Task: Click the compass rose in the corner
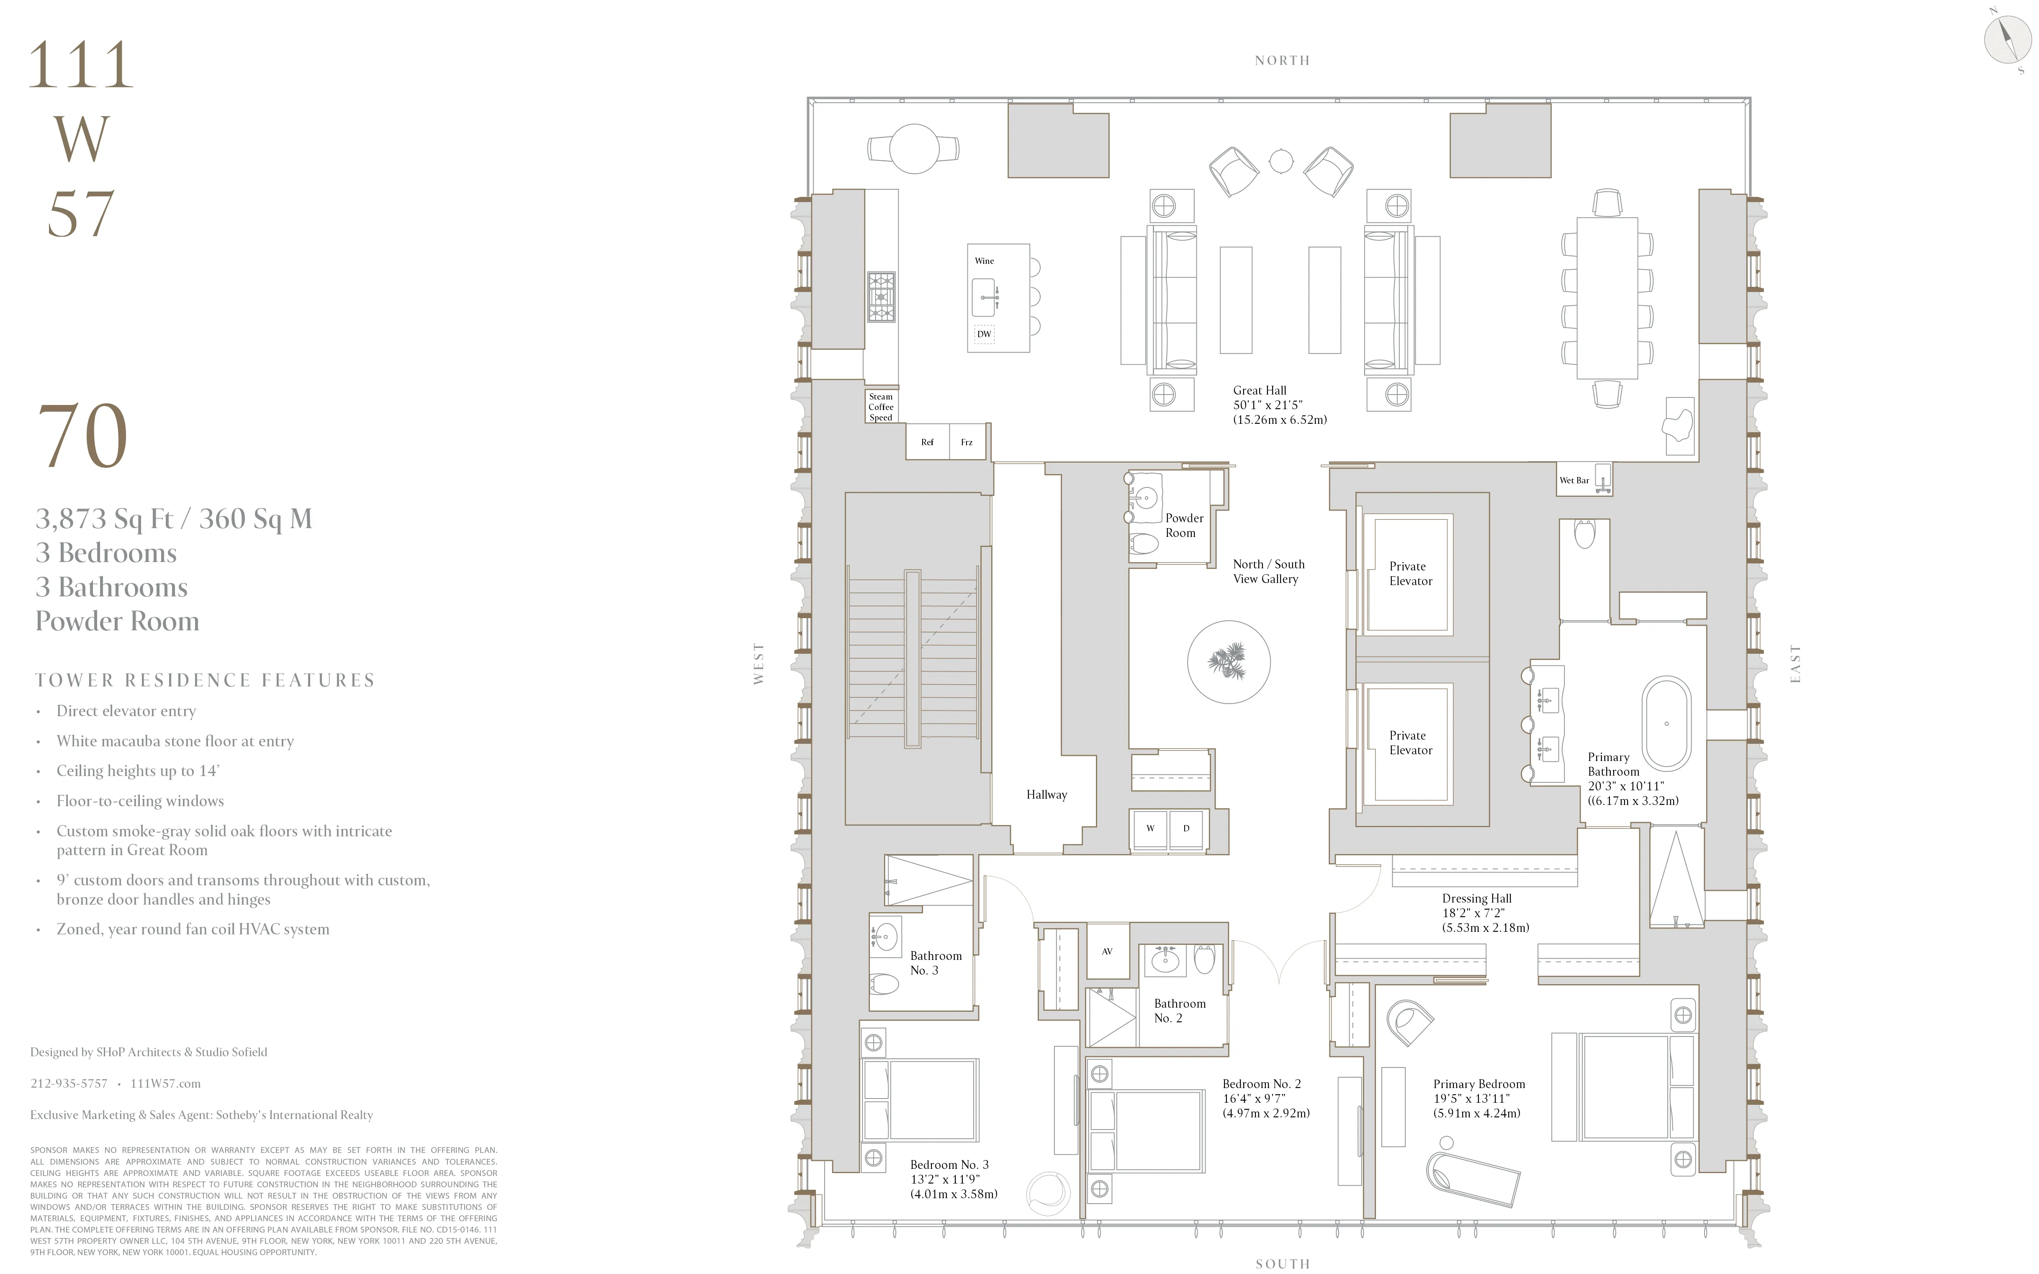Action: [x=2008, y=39]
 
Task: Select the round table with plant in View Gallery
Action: [x=1229, y=662]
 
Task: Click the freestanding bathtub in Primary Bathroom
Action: [x=1666, y=723]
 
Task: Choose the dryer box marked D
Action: [x=1186, y=828]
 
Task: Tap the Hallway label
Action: [x=1046, y=794]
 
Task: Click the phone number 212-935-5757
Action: [x=69, y=1083]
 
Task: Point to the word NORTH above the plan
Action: [x=1282, y=61]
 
